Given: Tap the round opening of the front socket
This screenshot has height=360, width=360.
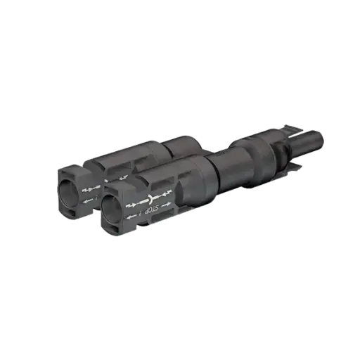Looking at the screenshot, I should [112, 206].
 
